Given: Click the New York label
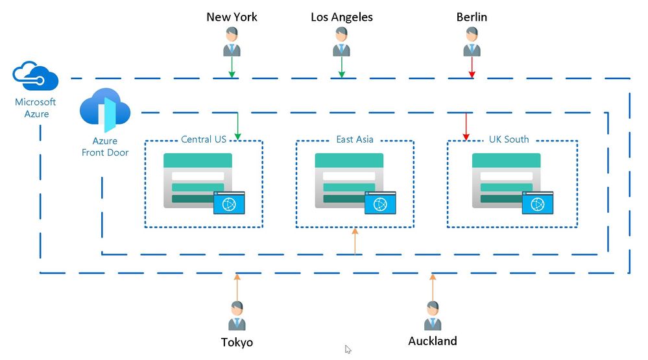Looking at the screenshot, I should tap(232, 17).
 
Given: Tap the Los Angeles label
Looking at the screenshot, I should tap(342, 17).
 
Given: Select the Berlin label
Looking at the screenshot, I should tap(472, 17).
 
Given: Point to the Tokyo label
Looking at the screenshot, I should tap(237, 342).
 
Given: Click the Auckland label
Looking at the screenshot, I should tap(433, 341).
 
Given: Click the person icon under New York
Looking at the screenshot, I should tap(232, 43).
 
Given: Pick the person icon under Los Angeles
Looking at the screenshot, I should tap(342, 43).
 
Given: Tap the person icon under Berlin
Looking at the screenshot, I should tap(472, 43).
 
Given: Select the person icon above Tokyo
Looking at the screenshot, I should tap(237, 316).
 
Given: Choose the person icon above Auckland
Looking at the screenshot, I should tap(433, 316).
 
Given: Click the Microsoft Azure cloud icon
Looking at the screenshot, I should tap(36, 77).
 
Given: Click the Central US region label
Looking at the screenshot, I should tap(204, 139).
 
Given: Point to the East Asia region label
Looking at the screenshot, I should tap(355, 139).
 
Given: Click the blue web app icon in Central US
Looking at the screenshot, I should tap(229, 203).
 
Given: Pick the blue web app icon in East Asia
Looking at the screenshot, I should tap(380, 203).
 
